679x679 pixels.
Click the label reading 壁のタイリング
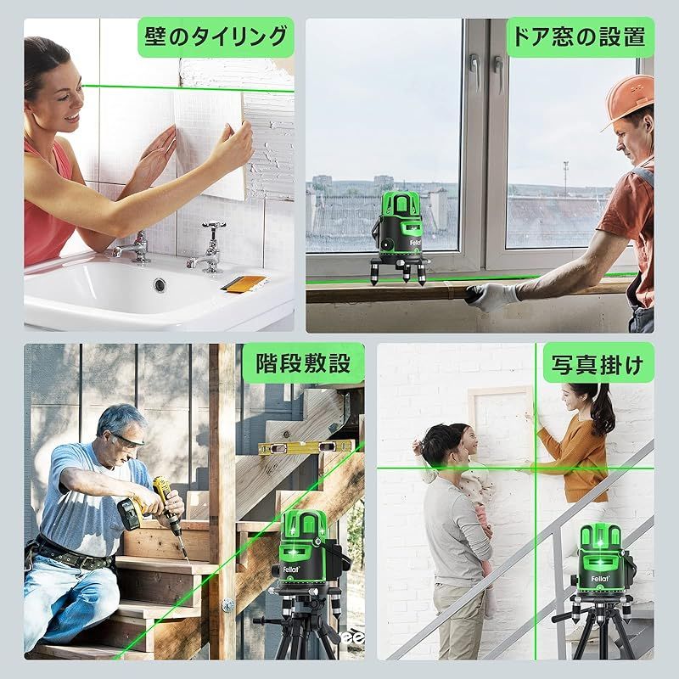216,36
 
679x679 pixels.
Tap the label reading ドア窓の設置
580,36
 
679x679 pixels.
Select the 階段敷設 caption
303,363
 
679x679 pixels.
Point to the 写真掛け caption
598,365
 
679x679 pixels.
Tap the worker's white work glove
492,296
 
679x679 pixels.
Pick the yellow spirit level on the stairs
306,447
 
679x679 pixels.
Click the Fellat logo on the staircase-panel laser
291,569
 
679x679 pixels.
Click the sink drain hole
160,285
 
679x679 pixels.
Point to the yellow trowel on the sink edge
244,283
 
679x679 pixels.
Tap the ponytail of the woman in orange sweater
605,412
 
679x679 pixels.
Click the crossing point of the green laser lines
536,468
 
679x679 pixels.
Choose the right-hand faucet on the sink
209,248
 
